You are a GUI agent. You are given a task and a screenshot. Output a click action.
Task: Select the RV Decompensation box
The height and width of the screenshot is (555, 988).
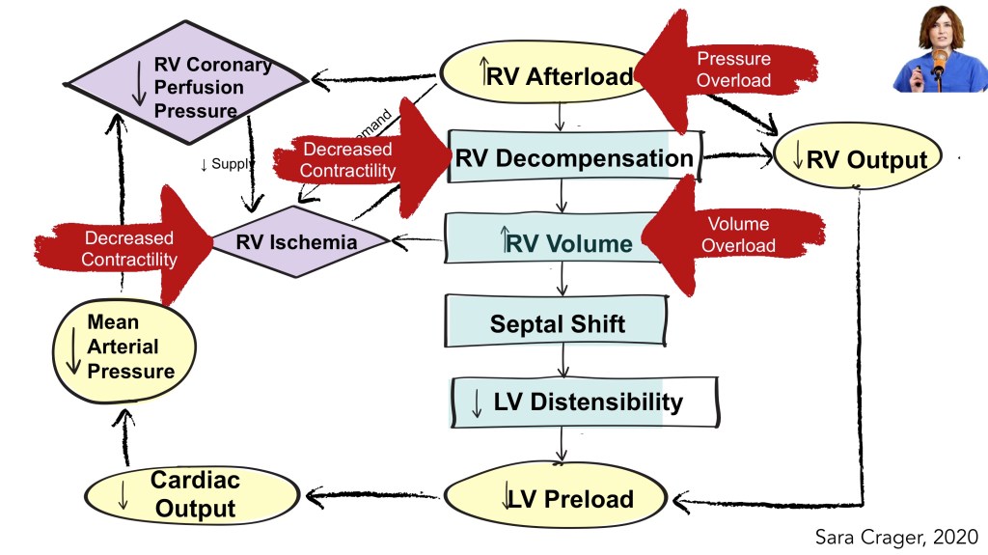coord(573,159)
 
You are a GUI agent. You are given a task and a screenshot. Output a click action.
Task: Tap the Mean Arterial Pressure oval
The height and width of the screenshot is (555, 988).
coord(122,347)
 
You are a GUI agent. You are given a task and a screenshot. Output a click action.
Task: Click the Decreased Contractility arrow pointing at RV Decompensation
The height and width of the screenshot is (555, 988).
coord(357,159)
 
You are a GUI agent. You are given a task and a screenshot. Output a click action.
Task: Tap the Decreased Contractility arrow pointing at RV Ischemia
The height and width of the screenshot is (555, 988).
coord(125,247)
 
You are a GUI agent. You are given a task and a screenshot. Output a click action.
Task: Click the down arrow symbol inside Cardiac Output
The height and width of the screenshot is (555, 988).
coord(123,493)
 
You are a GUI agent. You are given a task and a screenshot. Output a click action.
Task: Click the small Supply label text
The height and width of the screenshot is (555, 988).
coord(228,165)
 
